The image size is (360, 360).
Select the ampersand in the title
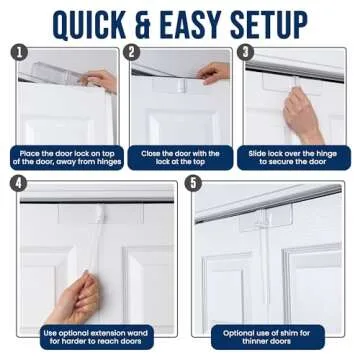tap(148, 21)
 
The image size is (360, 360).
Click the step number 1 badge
tap(18, 52)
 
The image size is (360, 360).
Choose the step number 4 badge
tap(18, 183)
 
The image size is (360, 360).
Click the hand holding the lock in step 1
tap(100, 80)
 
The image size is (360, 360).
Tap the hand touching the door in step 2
tap(214, 73)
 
